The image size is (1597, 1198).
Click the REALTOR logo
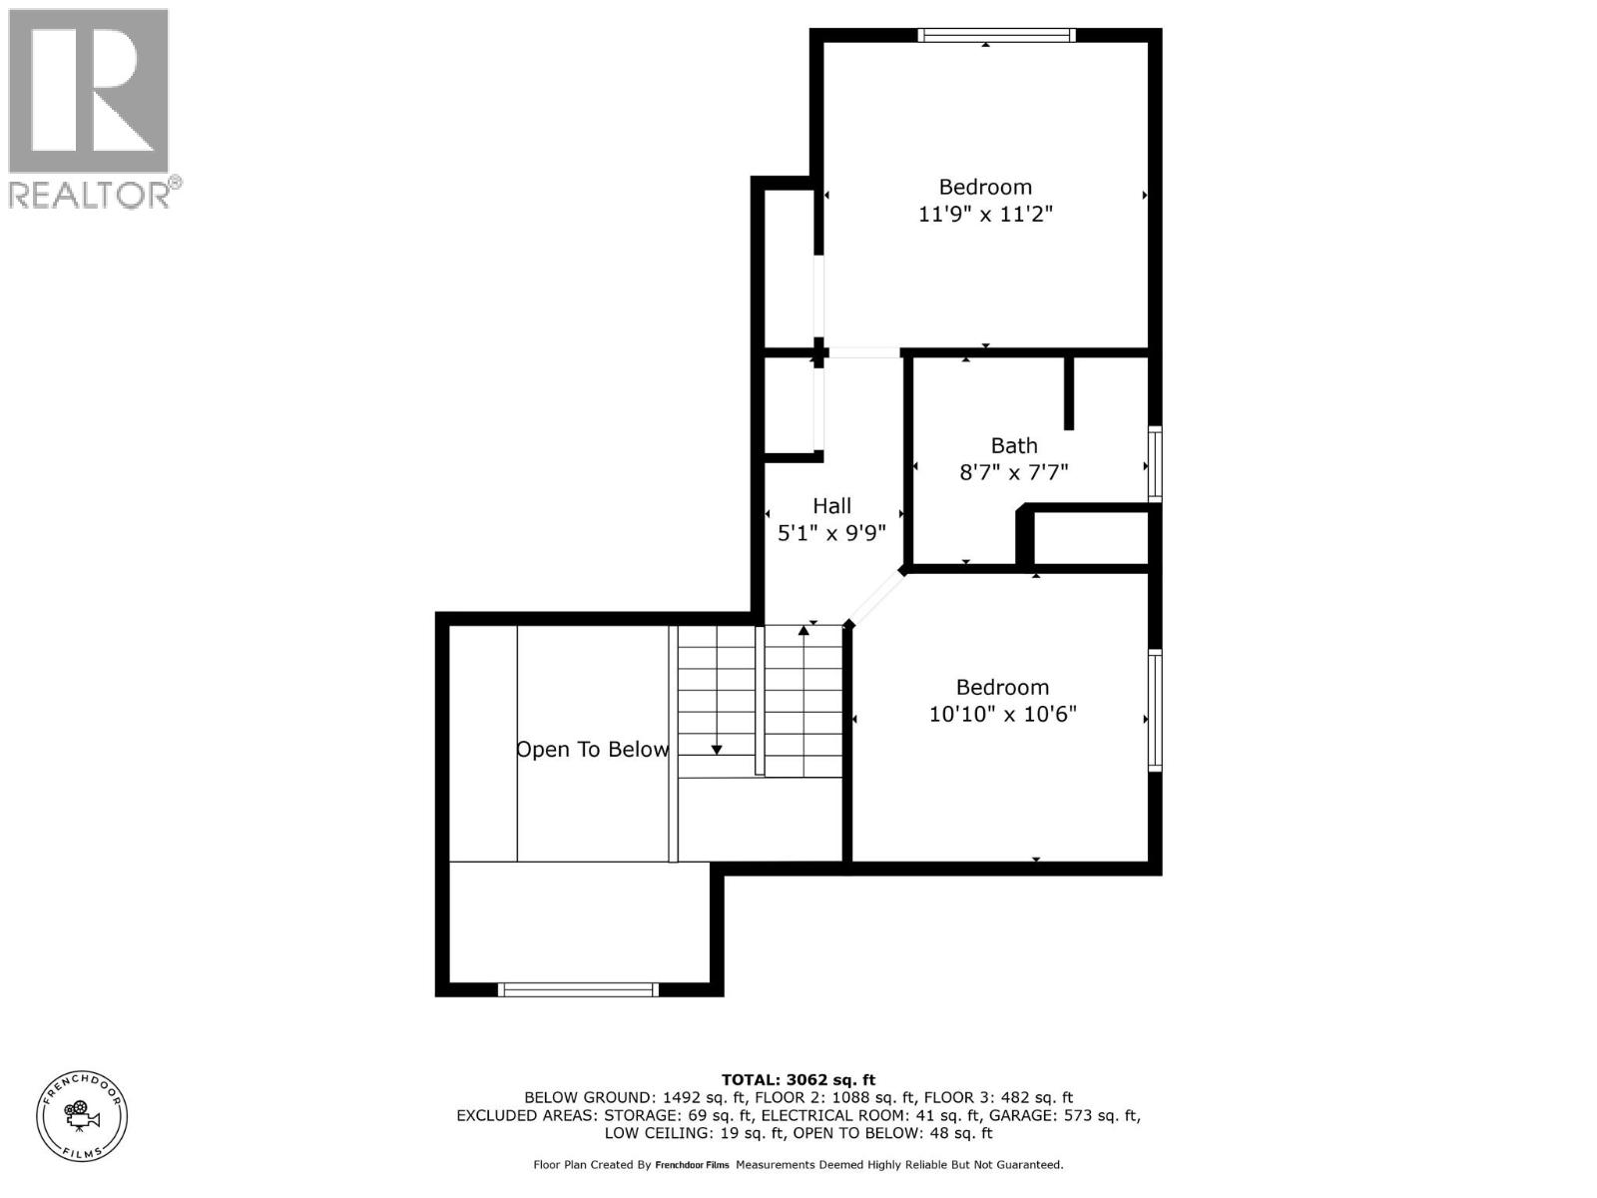click(x=90, y=108)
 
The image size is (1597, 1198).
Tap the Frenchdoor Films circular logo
click(x=82, y=1115)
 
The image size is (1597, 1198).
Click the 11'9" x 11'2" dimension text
click(x=985, y=214)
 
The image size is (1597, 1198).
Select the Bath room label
click(x=1013, y=446)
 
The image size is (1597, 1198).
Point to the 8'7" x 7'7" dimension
click(x=1013, y=472)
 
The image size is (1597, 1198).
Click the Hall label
click(x=831, y=506)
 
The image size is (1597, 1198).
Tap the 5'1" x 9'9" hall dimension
click(x=831, y=533)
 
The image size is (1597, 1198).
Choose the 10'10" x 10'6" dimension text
click(x=1002, y=715)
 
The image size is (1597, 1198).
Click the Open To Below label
click(x=592, y=750)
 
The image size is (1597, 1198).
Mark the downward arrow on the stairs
click(x=717, y=749)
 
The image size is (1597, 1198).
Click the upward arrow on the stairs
click(x=803, y=631)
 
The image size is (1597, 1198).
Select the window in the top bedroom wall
click(x=996, y=35)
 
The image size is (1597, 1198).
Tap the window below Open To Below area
click(x=578, y=989)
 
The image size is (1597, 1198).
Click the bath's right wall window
click(x=1155, y=463)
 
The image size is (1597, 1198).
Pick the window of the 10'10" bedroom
click(x=1155, y=710)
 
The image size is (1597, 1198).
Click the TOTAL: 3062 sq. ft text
click(x=798, y=1079)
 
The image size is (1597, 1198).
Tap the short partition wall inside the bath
click(x=1068, y=393)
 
